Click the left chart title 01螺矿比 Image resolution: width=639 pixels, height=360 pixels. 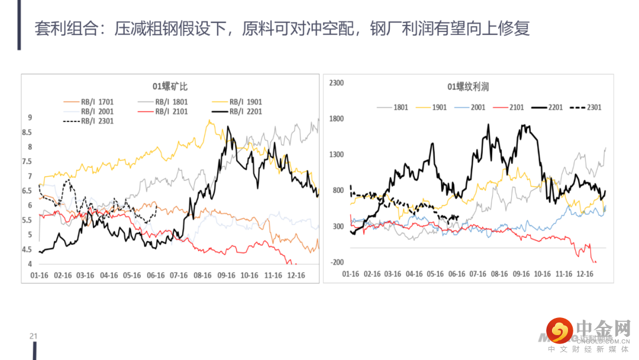coord(170,86)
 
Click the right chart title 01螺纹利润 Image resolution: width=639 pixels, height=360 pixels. coord(468,87)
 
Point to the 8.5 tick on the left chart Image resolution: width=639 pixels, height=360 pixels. coord(27,132)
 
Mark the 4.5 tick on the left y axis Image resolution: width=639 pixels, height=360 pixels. coord(27,249)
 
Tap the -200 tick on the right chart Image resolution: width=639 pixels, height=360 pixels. coord(337,262)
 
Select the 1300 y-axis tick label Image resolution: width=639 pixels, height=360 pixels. coord(336,155)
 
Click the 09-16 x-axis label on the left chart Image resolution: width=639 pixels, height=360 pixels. coord(226,275)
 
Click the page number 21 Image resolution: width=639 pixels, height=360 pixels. coord(34,336)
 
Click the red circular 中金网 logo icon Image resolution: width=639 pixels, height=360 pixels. coord(560,330)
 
